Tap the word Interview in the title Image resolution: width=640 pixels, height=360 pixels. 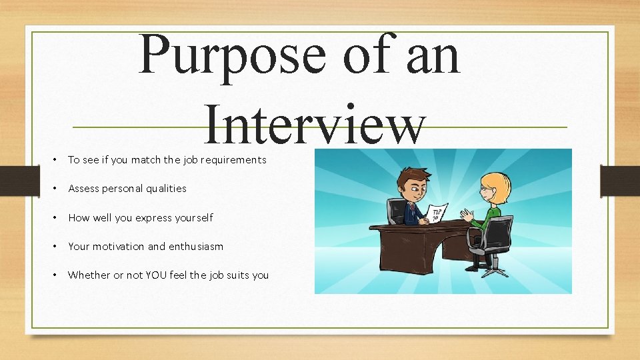click(x=314, y=123)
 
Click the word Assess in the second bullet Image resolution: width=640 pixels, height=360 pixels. click(x=83, y=189)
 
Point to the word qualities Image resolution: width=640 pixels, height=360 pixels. click(x=167, y=189)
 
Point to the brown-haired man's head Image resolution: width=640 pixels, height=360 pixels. click(x=408, y=181)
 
